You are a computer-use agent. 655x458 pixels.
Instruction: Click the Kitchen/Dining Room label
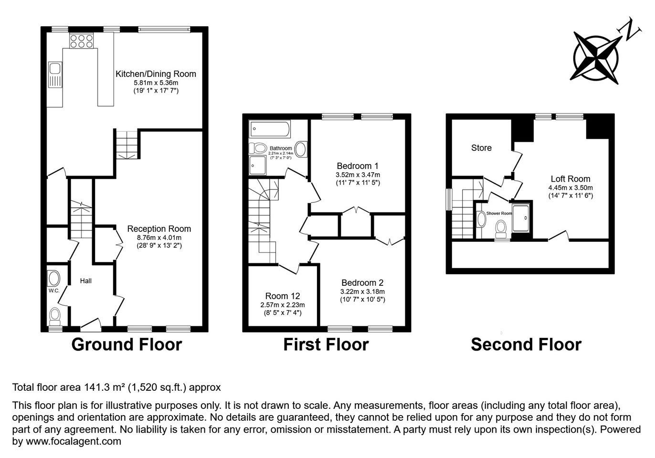coord(156,74)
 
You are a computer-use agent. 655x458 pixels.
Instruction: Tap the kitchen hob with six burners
coord(81,41)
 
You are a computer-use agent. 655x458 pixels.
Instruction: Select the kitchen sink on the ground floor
coord(55,75)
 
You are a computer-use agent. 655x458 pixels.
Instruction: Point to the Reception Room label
coord(159,229)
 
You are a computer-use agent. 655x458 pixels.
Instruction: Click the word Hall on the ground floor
coord(85,281)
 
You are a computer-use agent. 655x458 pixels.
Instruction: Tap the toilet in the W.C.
coord(55,316)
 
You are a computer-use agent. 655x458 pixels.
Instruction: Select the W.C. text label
coord(54,291)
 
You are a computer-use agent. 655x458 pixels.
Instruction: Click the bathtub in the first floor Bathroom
coord(270,129)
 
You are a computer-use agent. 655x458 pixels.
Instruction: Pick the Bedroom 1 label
coord(358,166)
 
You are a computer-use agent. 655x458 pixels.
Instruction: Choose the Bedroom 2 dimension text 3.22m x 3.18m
coord(362,291)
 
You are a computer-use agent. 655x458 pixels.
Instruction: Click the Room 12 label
coord(283,296)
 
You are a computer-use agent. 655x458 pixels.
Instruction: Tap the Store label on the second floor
coord(481,148)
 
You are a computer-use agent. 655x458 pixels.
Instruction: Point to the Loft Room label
coord(570,178)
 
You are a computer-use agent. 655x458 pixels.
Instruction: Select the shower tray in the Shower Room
coord(521,219)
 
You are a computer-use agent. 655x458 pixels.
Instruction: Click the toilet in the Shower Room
coord(501,229)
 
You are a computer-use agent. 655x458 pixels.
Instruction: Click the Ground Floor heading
coord(127,344)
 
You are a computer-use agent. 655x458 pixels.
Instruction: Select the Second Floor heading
coord(526,344)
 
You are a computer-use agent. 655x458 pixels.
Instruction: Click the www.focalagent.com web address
coord(74,441)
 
